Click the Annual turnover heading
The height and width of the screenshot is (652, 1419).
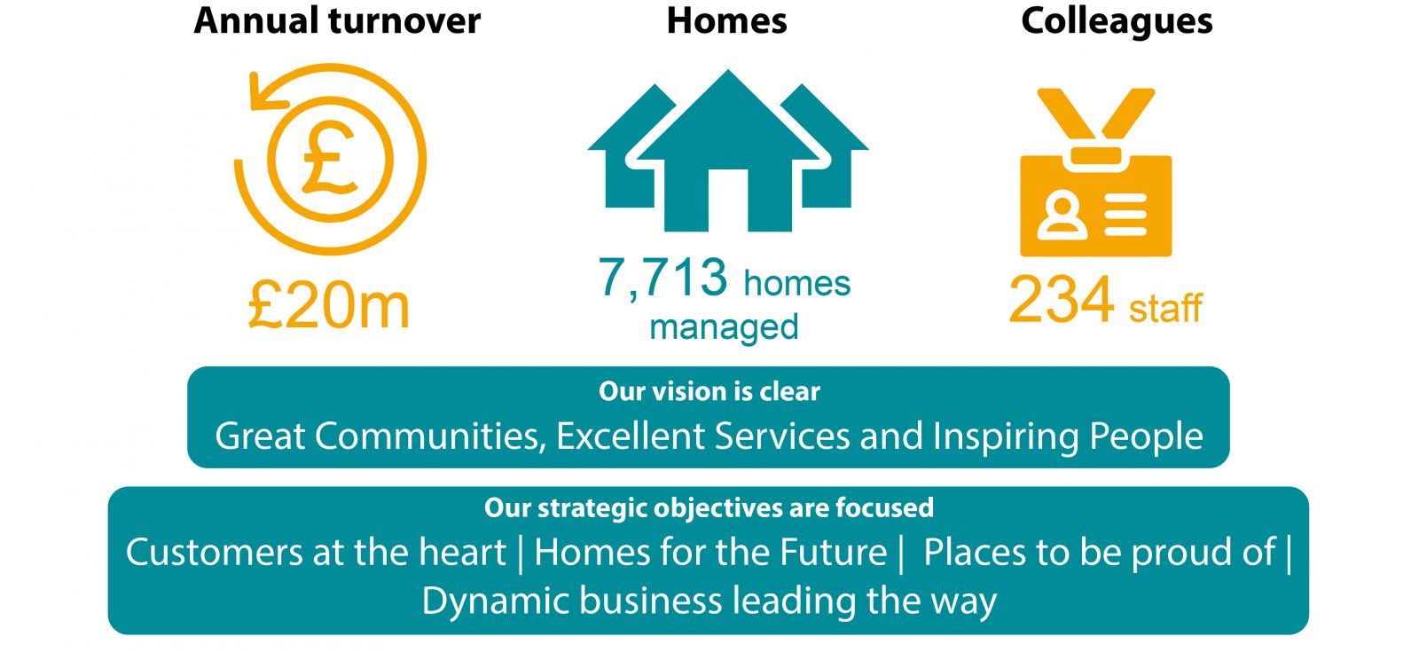337,20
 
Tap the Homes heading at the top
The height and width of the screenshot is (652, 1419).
726,20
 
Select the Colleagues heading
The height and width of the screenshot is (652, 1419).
1117,21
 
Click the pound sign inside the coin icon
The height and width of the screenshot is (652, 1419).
329,157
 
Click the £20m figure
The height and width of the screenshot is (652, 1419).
329,306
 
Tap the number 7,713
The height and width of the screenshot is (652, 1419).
662,278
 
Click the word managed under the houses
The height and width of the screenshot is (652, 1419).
724,327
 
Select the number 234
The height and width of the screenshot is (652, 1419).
1061,299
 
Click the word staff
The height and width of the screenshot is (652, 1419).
1165,308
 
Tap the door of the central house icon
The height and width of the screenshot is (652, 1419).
728,200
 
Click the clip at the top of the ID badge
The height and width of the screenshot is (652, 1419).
1096,156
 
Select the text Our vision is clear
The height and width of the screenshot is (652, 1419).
709,391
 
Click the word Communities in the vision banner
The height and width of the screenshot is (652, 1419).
431,436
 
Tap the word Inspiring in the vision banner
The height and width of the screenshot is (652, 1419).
1006,436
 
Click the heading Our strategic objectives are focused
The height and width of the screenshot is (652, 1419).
709,508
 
